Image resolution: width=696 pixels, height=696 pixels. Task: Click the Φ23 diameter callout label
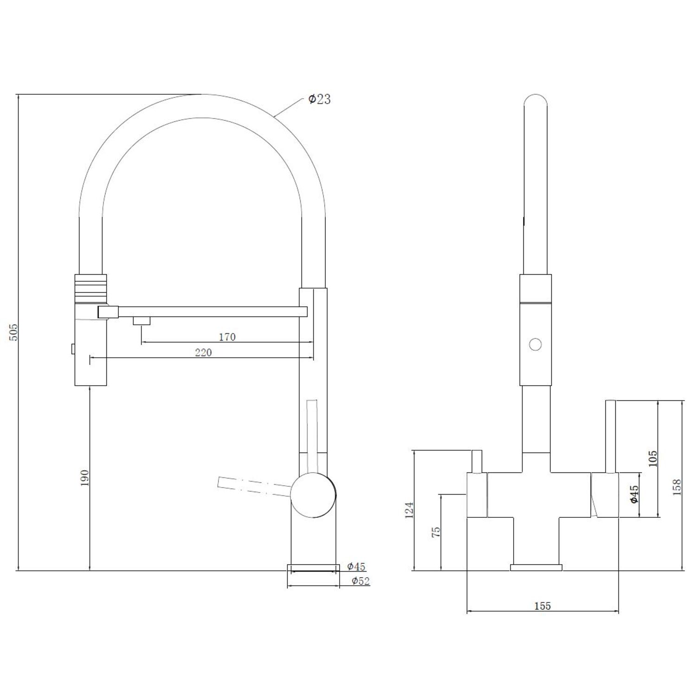coord(320,99)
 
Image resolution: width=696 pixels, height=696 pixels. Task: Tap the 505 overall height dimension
coord(13,332)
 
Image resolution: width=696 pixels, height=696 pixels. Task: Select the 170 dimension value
coord(227,337)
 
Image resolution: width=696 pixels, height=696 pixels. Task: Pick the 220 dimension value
coord(203,353)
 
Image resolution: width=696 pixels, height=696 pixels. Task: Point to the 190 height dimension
coord(84,478)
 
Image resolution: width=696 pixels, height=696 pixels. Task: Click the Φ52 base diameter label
coord(360,581)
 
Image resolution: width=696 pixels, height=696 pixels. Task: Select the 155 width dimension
coord(542,606)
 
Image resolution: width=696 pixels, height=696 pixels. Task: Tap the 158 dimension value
coord(677,488)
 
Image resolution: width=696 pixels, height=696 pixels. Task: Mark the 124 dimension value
coord(409,510)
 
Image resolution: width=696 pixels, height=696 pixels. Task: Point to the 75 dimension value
coord(436,532)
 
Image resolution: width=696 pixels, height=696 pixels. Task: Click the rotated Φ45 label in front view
coord(634,494)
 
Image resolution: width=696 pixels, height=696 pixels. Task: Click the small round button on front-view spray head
coord(535,344)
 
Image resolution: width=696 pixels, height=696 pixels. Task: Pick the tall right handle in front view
coord(610,436)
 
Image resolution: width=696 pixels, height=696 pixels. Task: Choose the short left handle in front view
coord(477,461)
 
